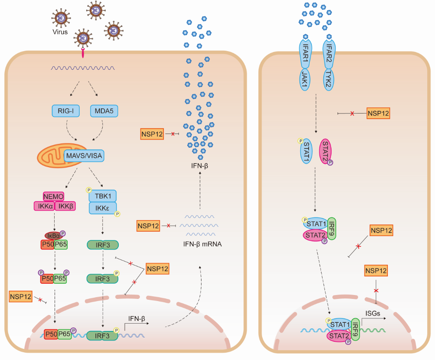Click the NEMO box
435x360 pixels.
tap(54, 196)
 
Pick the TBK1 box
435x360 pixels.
tap(103, 196)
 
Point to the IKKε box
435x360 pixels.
tap(103, 209)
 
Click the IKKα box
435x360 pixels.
tap(43, 205)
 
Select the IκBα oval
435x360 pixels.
tap(53, 234)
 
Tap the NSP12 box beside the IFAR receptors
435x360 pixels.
tap(378, 114)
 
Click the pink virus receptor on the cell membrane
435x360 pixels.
tap(82, 53)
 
